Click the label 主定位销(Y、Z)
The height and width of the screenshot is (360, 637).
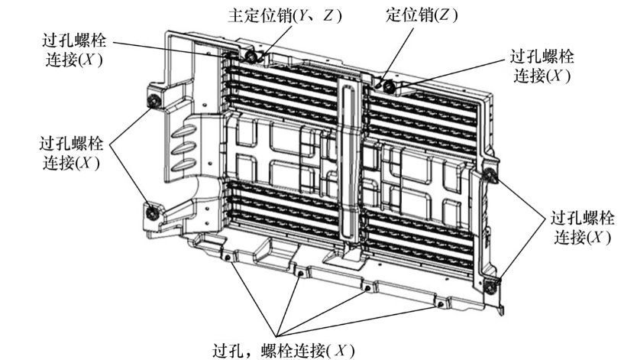point(284,15)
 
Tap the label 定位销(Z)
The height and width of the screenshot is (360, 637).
point(422,15)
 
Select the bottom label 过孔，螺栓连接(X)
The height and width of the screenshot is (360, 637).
point(283,350)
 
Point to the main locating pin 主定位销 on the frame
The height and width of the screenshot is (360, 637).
point(251,57)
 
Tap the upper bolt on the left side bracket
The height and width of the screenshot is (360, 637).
point(154,100)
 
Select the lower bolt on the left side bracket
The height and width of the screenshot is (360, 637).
point(152,213)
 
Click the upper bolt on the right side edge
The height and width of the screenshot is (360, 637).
point(490,174)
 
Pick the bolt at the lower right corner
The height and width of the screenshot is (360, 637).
point(490,287)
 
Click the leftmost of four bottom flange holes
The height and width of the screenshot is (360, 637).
point(228,258)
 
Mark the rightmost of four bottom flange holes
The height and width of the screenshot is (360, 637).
point(440,304)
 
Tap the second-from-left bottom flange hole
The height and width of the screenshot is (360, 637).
point(300,274)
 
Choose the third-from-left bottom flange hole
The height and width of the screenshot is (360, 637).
point(367,288)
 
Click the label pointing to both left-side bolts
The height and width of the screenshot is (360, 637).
point(72,154)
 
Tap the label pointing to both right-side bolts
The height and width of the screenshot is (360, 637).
point(582,228)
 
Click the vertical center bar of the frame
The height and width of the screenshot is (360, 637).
point(348,163)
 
